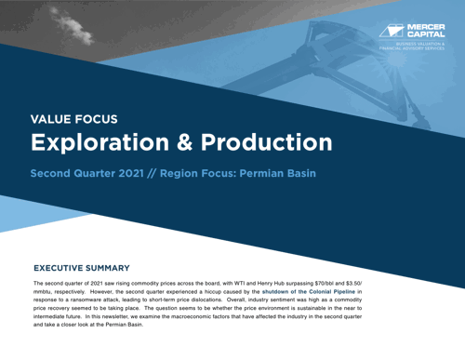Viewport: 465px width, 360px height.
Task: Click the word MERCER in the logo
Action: [x=427, y=26]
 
